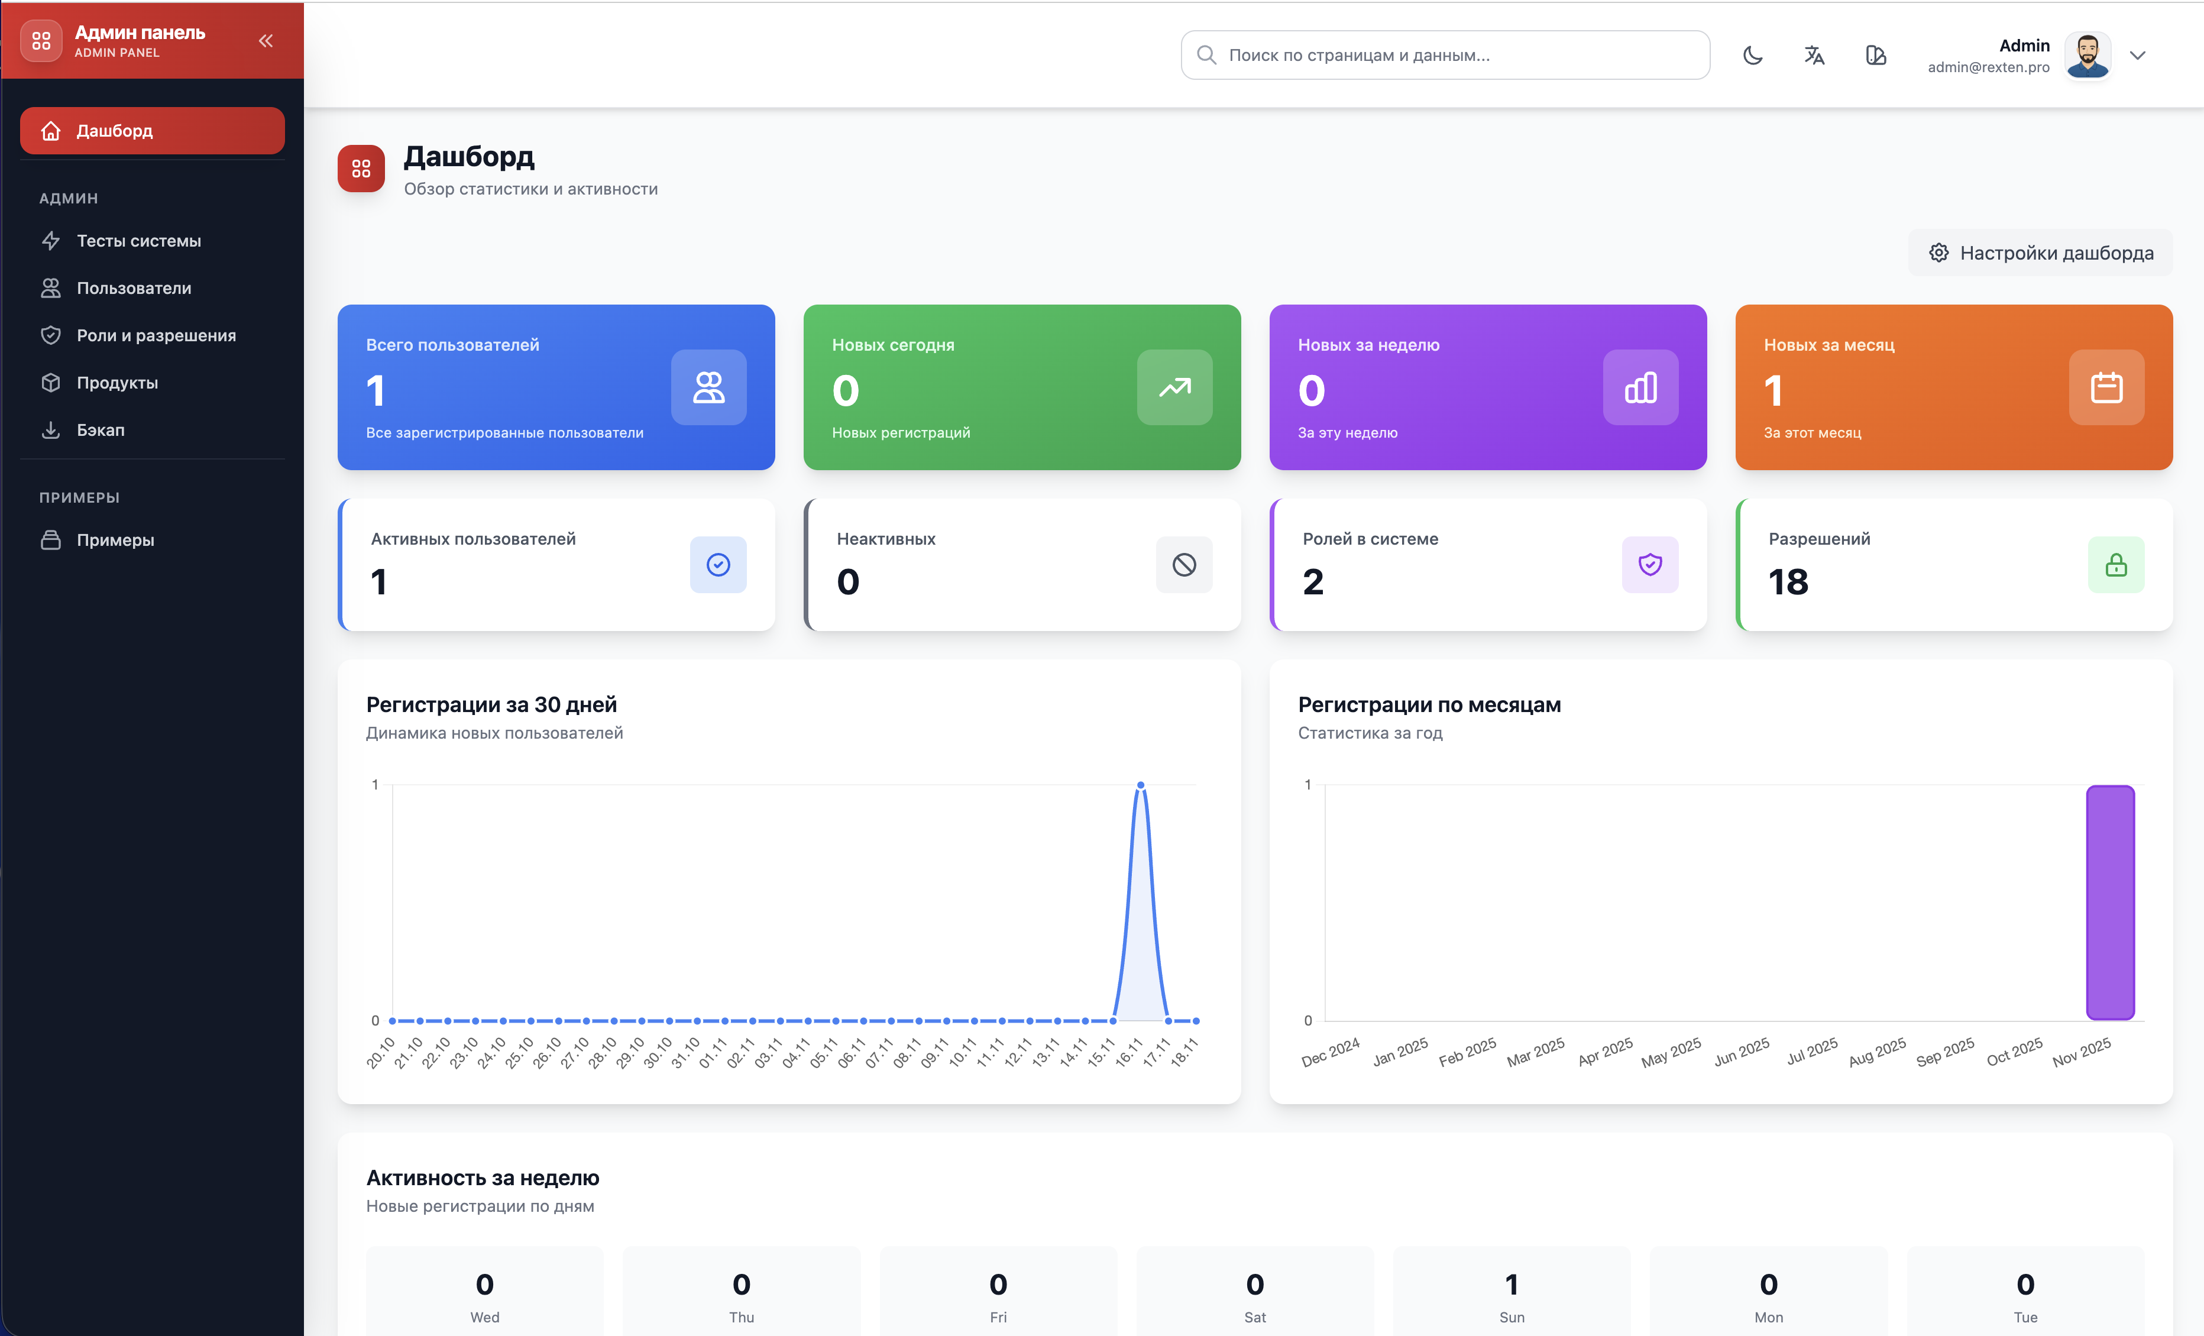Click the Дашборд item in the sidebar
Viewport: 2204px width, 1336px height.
(x=152, y=131)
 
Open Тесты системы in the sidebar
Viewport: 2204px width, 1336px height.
(x=138, y=241)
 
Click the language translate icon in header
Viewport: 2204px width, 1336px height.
(x=1814, y=56)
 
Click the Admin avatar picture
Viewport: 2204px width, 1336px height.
(x=2087, y=56)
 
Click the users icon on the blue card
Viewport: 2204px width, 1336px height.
(x=708, y=387)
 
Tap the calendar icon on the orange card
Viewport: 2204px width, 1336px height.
(x=2106, y=387)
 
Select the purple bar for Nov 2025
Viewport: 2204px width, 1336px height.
(x=2110, y=902)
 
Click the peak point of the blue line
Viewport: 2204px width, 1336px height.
(x=1141, y=785)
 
